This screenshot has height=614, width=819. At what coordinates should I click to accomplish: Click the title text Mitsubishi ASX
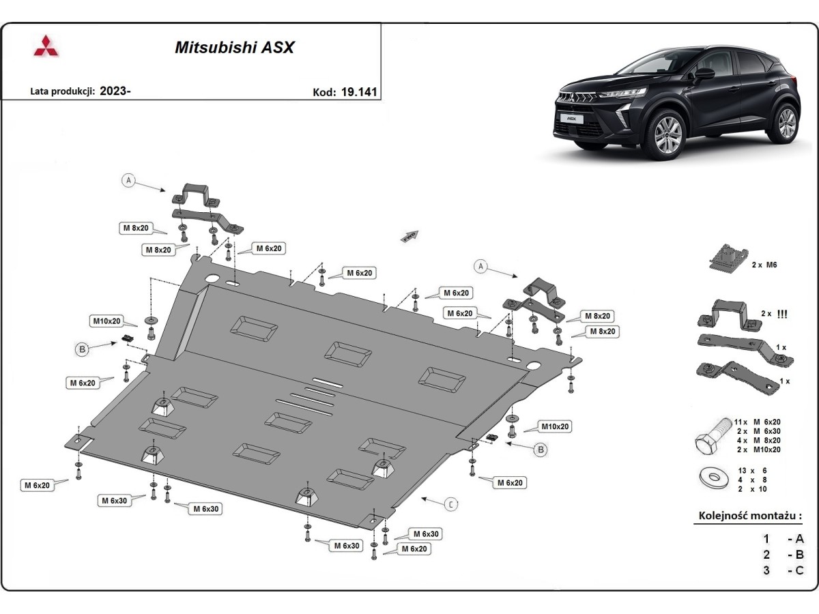(x=234, y=48)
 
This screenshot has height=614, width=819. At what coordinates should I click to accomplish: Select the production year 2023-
(x=115, y=91)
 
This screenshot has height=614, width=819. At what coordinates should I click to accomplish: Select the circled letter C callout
(x=451, y=504)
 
